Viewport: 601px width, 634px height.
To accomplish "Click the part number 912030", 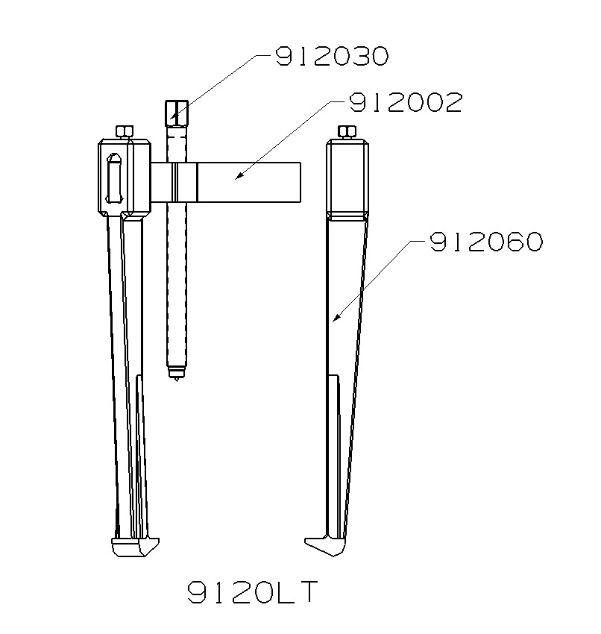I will (332, 57).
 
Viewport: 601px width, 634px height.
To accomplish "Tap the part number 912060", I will (485, 242).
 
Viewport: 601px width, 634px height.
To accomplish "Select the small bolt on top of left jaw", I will (125, 133).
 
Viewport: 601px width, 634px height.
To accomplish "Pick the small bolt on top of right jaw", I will (347, 133).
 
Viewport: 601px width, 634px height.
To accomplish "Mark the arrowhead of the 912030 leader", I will (172, 117).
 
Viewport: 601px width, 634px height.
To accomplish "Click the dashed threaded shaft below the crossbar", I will (177, 283).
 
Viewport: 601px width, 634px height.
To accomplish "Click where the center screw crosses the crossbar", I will (177, 183).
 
